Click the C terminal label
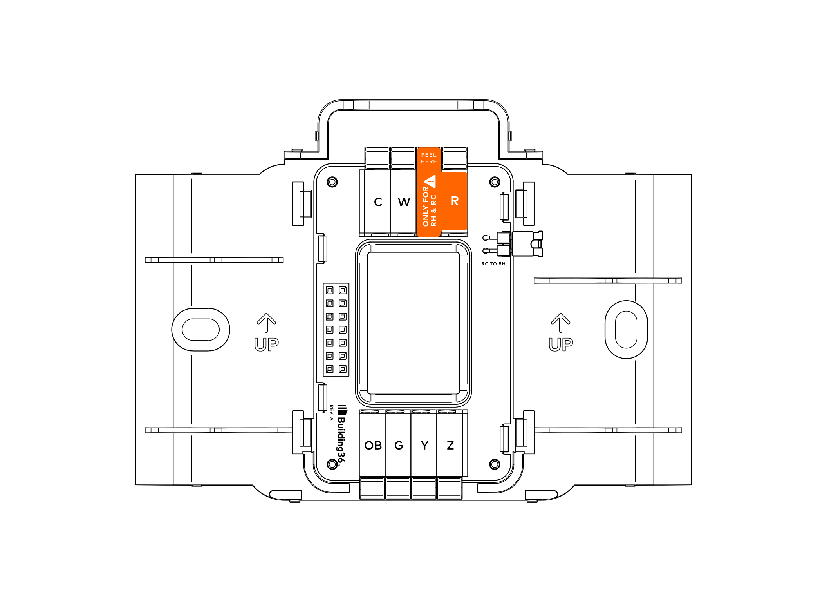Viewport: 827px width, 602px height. [x=378, y=202]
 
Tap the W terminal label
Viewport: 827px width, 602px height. [x=404, y=202]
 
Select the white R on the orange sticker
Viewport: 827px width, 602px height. [x=455, y=201]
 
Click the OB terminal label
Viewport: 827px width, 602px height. [x=373, y=446]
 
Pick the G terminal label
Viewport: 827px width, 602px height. [x=399, y=446]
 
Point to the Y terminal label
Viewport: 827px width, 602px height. [x=424, y=446]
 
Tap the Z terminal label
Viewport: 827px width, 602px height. [x=450, y=446]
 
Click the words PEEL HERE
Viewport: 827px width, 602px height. [x=429, y=158]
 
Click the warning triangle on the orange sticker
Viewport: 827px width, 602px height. [x=430, y=181]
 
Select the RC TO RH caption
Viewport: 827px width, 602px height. [x=493, y=264]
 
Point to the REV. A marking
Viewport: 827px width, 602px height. [x=331, y=413]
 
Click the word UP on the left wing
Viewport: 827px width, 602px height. [x=267, y=345]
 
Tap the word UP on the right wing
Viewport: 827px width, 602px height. [x=561, y=345]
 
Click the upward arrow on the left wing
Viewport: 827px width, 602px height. [x=267, y=323]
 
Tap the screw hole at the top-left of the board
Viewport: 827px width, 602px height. [x=332, y=182]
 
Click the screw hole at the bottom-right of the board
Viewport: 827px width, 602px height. [x=495, y=464]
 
